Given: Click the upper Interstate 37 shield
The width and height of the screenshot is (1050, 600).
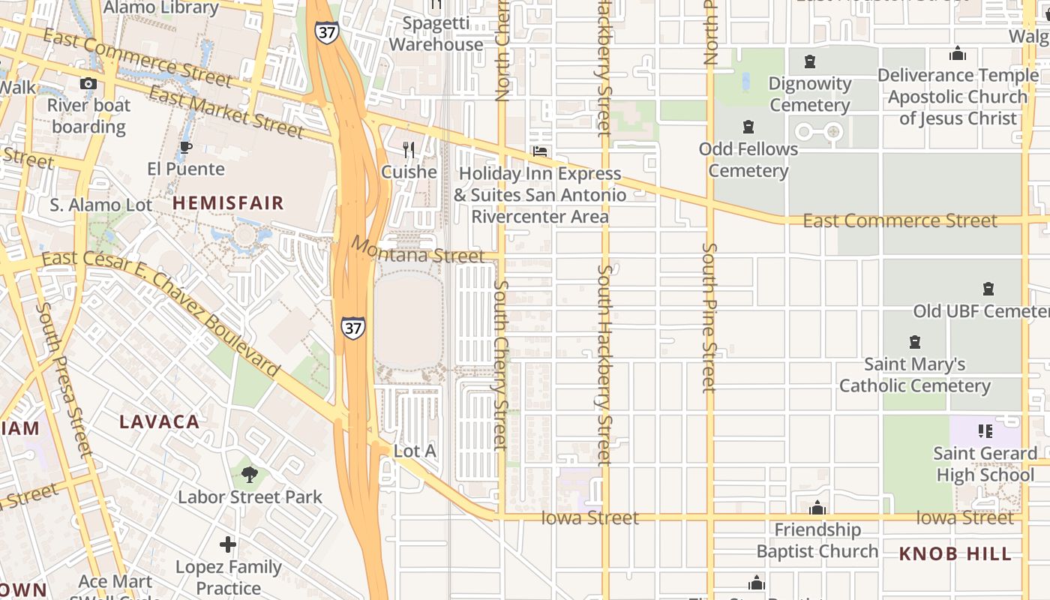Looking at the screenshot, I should pyautogui.click(x=327, y=32).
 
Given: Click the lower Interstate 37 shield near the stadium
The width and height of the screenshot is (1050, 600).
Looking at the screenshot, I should pyautogui.click(x=352, y=327).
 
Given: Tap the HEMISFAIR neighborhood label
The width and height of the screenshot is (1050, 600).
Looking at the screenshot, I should pyautogui.click(x=229, y=202).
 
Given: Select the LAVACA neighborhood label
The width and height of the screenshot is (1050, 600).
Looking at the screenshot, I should pyautogui.click(x=160, y=421).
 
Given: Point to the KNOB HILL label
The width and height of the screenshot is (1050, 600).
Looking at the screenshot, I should pyautogui.click(x=955, y=554).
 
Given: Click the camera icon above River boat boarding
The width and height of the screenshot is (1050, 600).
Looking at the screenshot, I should pyautogui.click(x=88, y=83).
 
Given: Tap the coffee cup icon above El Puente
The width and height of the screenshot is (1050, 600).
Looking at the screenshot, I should pyautogui.click(x=185, y=147).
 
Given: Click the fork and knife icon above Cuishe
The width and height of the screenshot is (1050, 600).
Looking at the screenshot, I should pyautogui.click(x=409, y=150).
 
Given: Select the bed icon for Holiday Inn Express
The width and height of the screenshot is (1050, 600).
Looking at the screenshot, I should pyautogui.click(x=539, y=151).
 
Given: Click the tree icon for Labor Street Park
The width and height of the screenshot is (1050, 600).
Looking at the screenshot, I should pyautogui.click(x=250, y=474).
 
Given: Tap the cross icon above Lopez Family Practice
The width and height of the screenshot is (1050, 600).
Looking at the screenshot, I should pyautogui.click(x=228, y=544).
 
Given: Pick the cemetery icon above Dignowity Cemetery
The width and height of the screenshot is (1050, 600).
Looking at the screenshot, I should pyautogui.click(x=810, y=61).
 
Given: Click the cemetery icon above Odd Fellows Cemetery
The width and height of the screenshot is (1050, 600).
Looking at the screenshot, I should pyautogui.click(x=748, y=126).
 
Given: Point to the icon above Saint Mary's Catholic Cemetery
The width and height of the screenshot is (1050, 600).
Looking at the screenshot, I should pyautogui.click(x=914, y=342).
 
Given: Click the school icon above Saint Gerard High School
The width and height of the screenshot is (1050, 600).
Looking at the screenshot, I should pyautogui.click(x=985, y=430).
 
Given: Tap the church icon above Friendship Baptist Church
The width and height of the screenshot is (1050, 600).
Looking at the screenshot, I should pyautogui.click(x=817, y=508).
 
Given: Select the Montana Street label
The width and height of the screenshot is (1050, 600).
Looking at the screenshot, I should pyautogui.click(x=417, y=250).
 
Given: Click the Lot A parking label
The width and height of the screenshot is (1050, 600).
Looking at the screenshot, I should pyautogui.click(x=415, y=451).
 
